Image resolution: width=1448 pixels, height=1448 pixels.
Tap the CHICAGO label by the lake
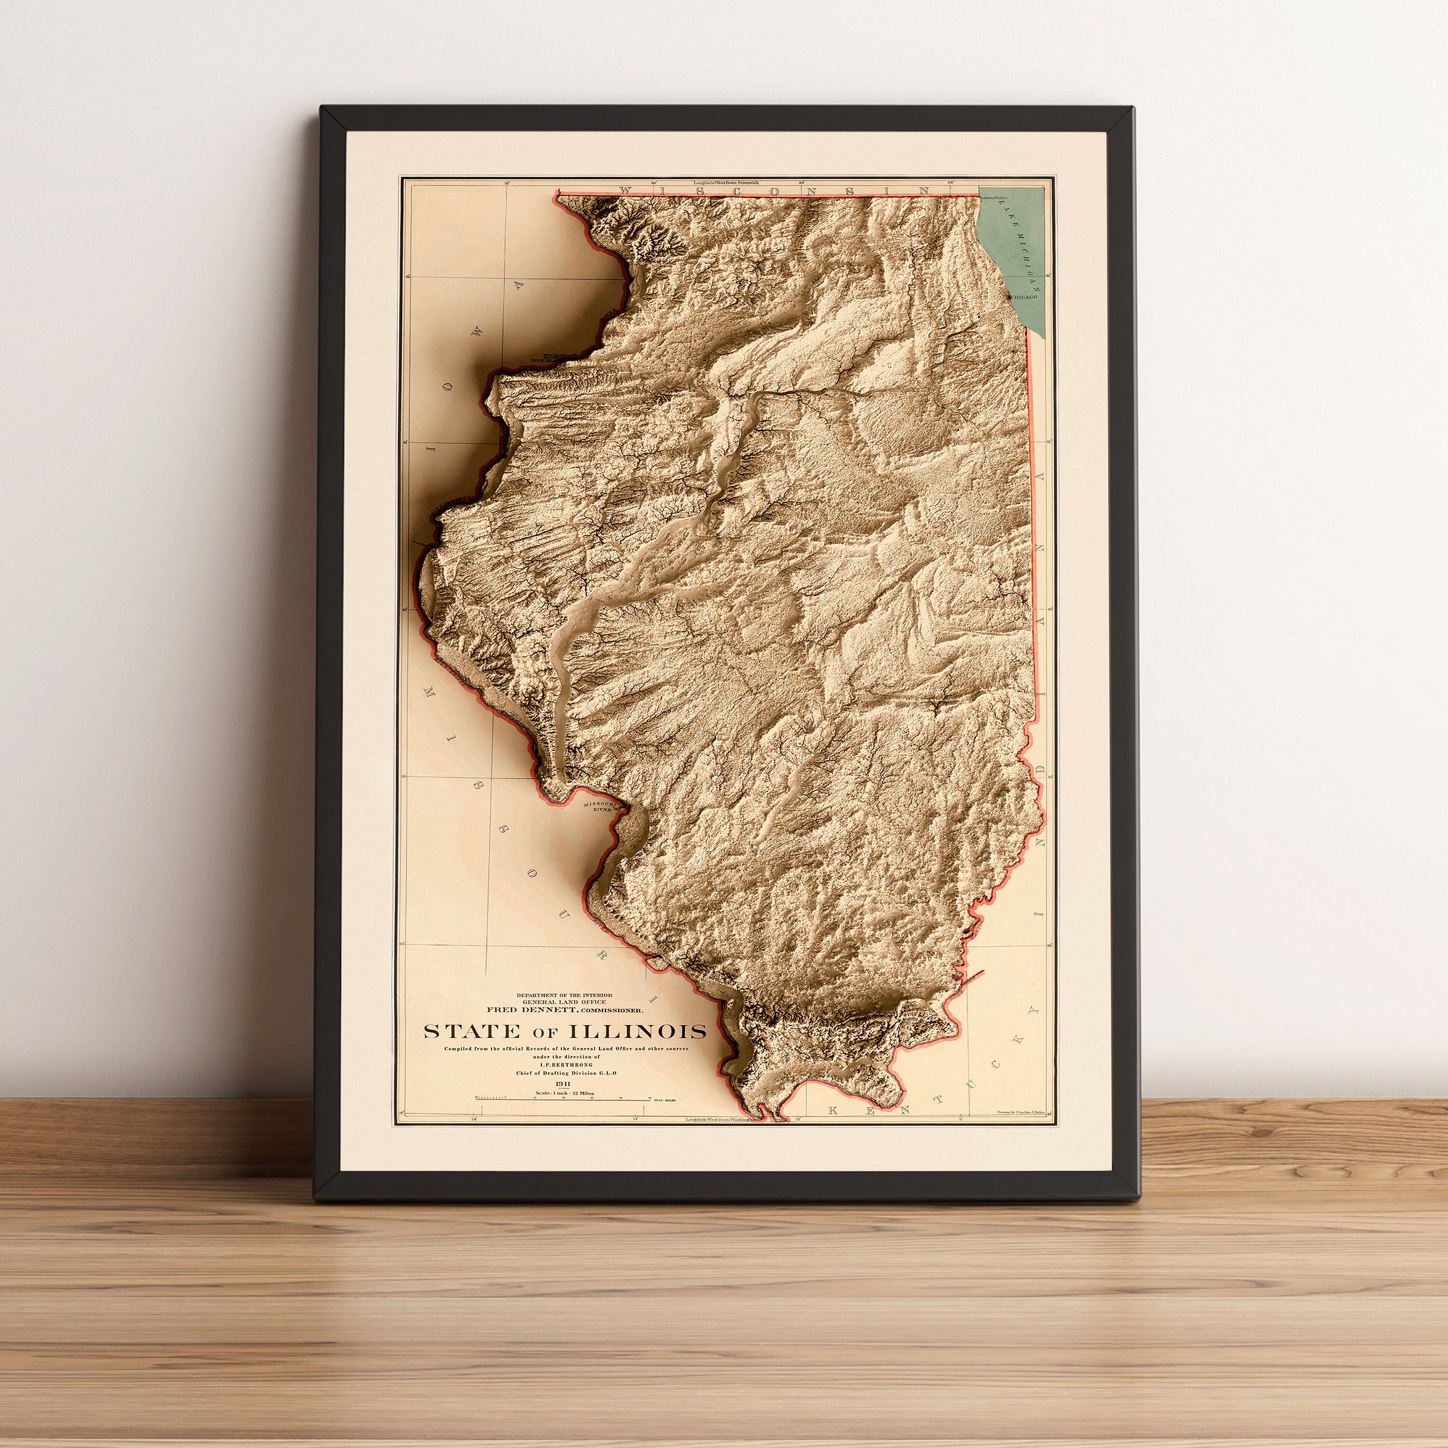point(1025,297)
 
